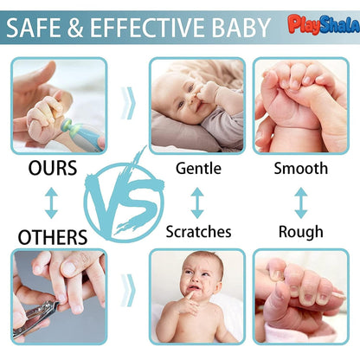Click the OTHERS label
(52, 236)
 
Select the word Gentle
(199, 168)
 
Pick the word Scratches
(199, 231)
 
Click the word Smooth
(300, 168)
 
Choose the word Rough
(300, 231)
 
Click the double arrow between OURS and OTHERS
(51, 202)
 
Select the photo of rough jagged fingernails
(300, 296)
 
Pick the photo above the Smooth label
(300, 105)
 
